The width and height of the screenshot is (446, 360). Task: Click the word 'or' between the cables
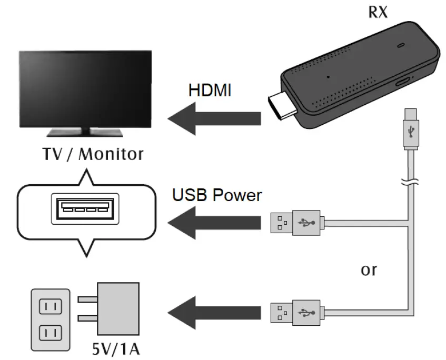tap(369, 270)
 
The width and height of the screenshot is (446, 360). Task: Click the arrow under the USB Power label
tap(214, 222)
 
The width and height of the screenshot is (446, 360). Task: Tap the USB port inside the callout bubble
tap(82, 209)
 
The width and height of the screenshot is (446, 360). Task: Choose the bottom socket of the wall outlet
tap(51, 333)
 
